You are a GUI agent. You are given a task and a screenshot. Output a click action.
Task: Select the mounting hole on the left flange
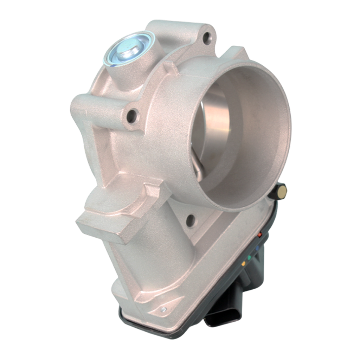(132, 115)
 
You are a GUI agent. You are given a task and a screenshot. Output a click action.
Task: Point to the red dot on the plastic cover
(260, 234)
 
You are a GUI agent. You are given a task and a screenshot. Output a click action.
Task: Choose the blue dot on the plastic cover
(257, 248)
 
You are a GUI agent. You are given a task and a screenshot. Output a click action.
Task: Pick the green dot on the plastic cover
(249, 258)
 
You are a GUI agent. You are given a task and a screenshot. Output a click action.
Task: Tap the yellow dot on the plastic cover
(244, 263)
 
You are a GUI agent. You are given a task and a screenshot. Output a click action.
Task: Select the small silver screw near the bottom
(162, 309)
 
